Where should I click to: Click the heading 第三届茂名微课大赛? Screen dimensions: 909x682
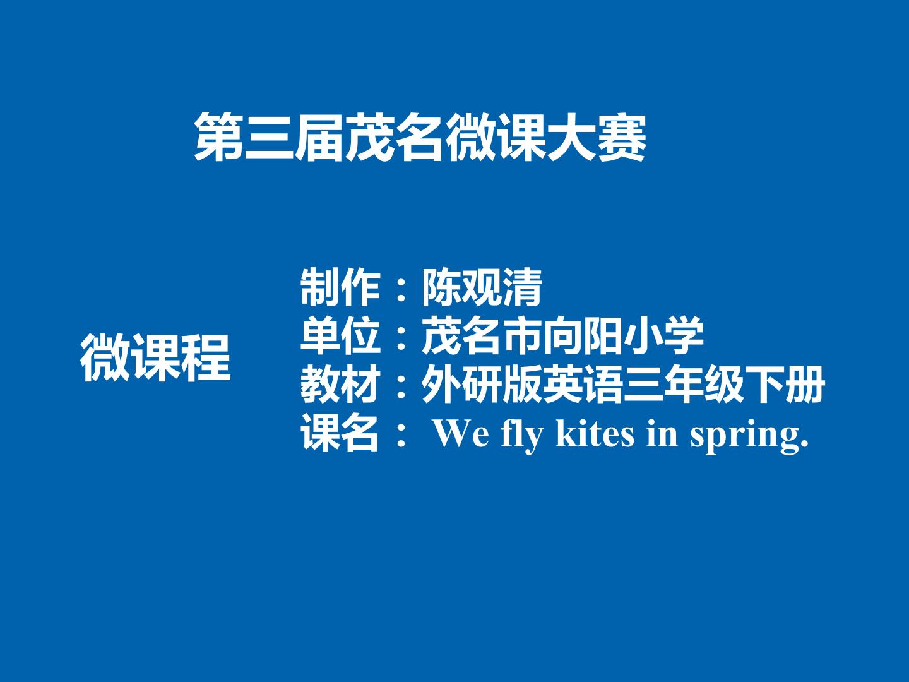point(420,137)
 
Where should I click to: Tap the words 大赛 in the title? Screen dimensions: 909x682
point(597,137)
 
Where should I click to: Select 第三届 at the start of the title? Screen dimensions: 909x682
point(268,137)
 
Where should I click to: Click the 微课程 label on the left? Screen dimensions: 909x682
point(155,358)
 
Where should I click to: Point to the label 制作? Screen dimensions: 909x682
point(340,287)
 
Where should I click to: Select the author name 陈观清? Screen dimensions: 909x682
point(482,287)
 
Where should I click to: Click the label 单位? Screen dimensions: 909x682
point(340,335)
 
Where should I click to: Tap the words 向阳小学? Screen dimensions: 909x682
point(623,335)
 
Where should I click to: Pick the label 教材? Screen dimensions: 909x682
point(340,384)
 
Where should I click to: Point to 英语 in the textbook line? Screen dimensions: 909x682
point(583,384)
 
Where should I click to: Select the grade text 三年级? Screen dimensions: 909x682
point(683,384)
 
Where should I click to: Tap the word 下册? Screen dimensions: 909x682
point(785,384)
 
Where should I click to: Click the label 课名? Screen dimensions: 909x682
point(340,433)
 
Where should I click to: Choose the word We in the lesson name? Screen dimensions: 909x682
point(461,434)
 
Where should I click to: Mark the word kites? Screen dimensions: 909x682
point(595,433)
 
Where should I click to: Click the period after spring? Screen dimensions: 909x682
point(804,445)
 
